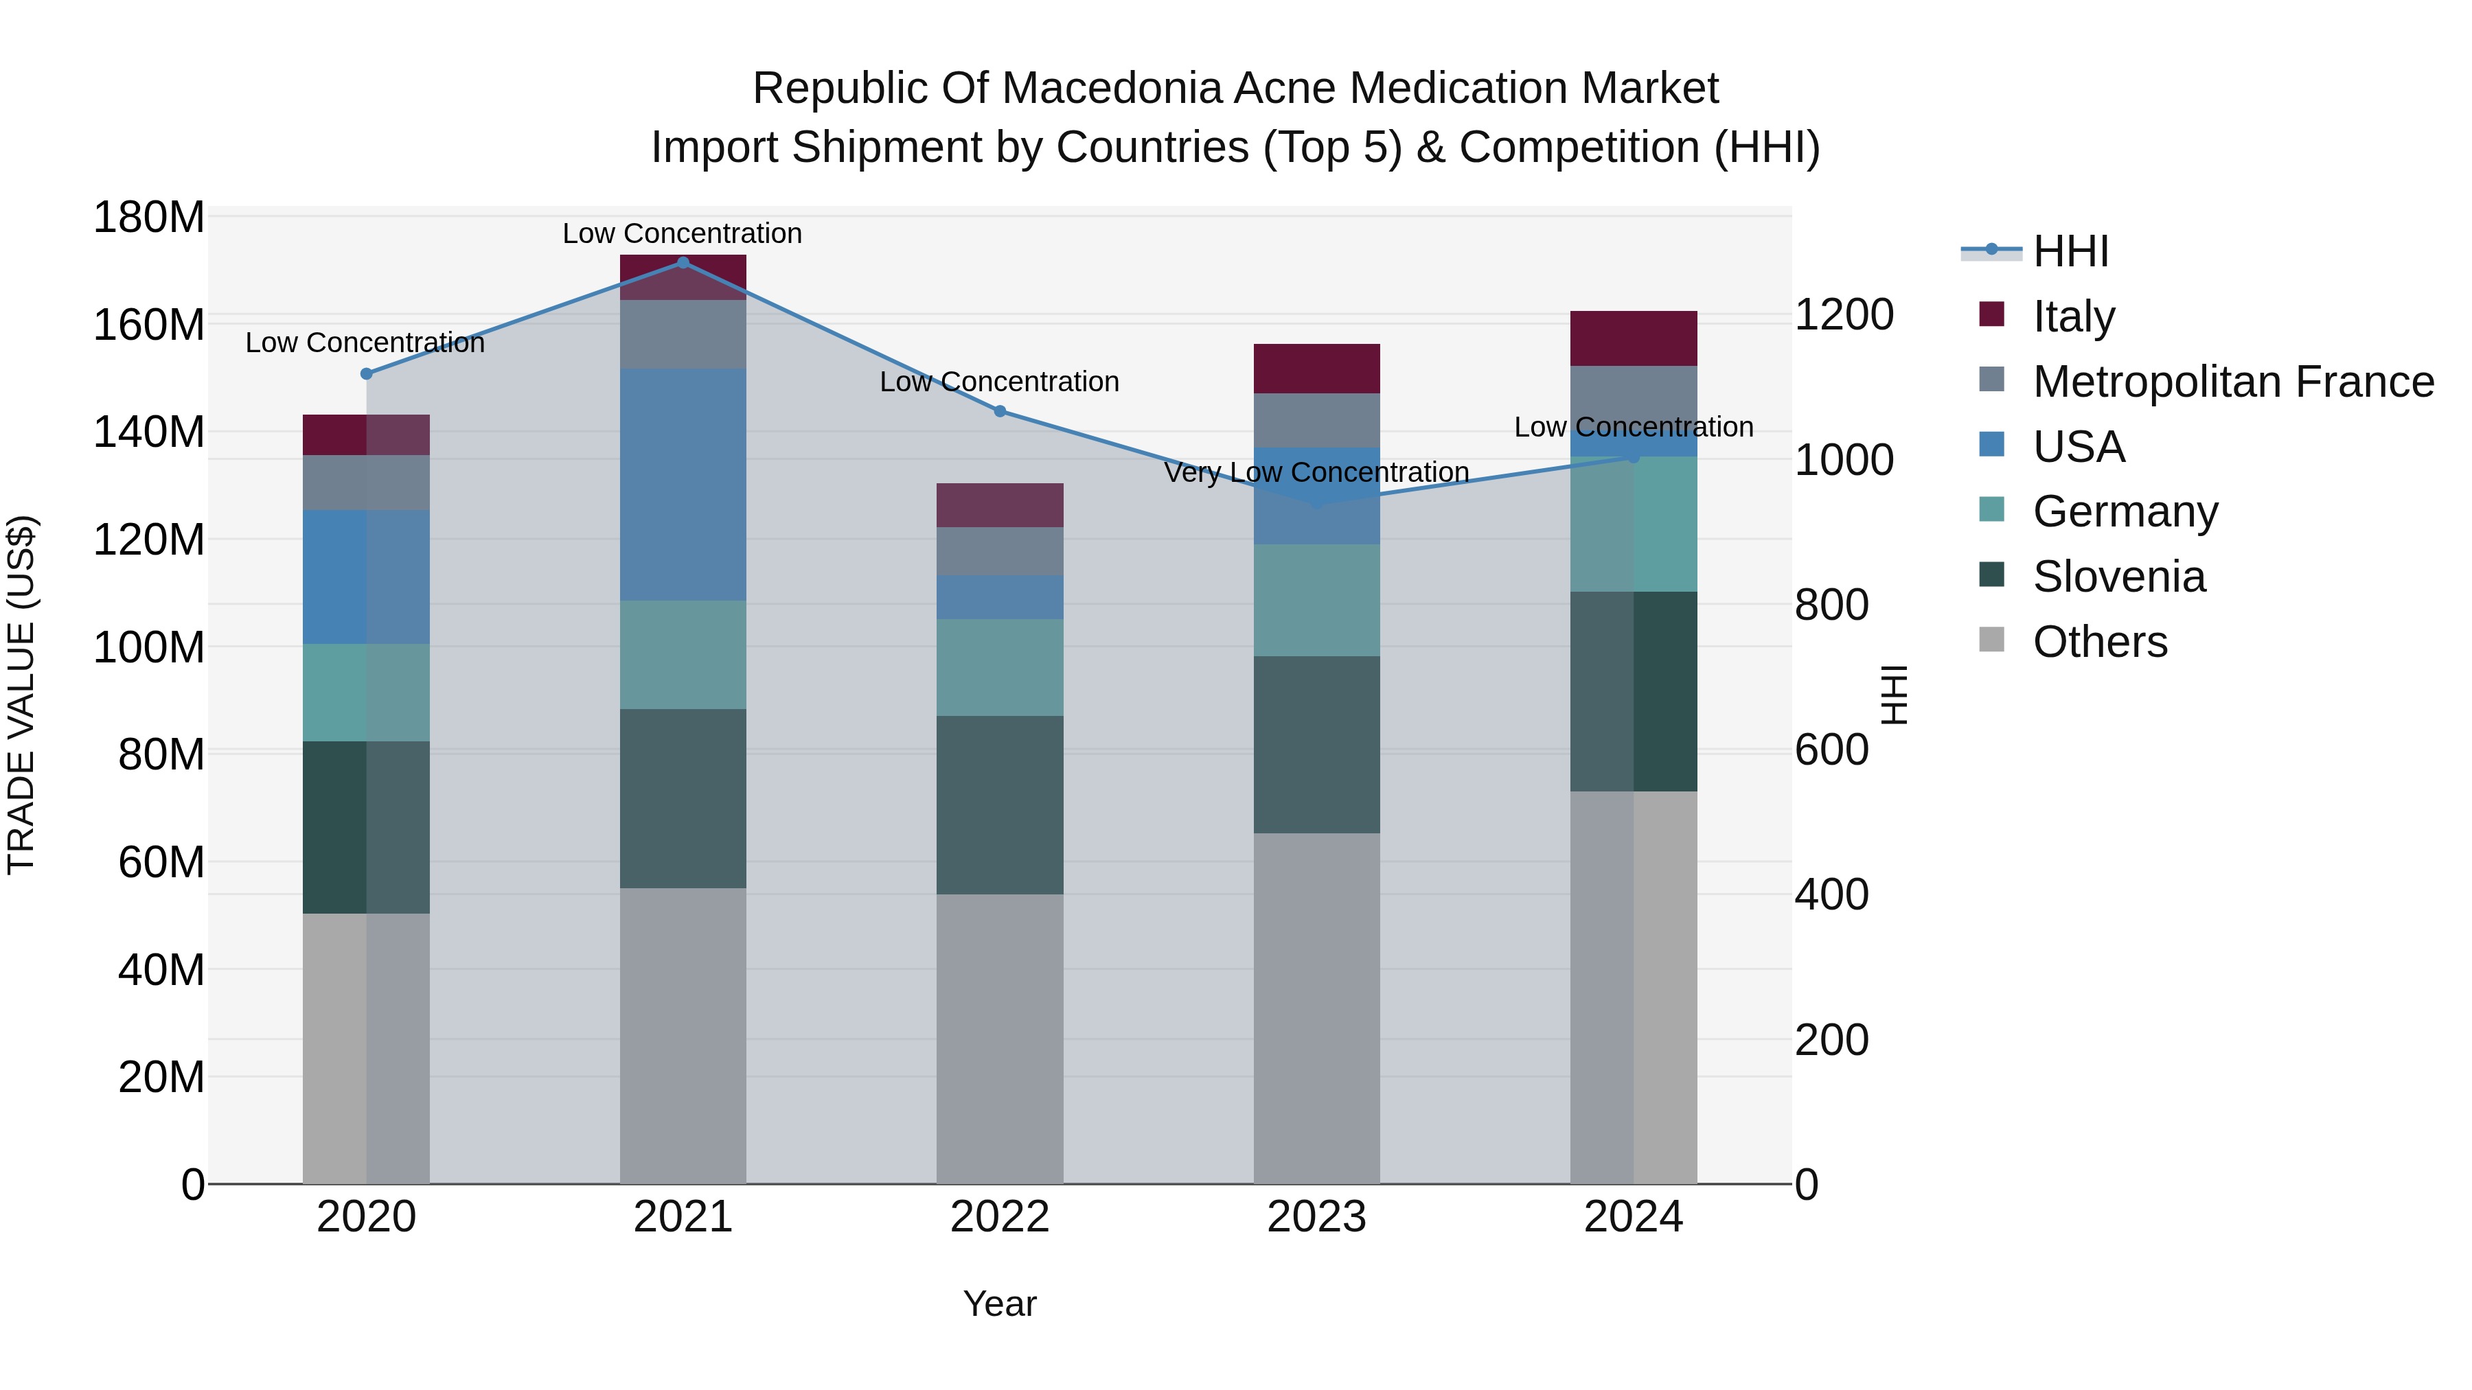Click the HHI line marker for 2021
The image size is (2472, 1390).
click(x=683, y=263)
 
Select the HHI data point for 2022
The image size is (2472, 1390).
click(x=999, y=412)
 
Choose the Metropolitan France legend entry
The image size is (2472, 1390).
click(x=2232, y=382)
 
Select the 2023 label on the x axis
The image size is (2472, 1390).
click(x=1316, y=1217)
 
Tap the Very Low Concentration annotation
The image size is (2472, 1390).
click(x=1316, y=473)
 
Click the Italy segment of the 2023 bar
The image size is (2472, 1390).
click(x=1316, y=369)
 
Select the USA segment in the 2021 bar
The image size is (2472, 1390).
click(x=683, y=485)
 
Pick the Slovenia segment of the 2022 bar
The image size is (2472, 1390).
click(x=999, y=805)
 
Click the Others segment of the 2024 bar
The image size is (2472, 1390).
click(x=1634, y=987)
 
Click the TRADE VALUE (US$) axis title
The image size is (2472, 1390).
click(x=21, y=695)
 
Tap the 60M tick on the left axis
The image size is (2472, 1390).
click(x=160, y=862)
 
